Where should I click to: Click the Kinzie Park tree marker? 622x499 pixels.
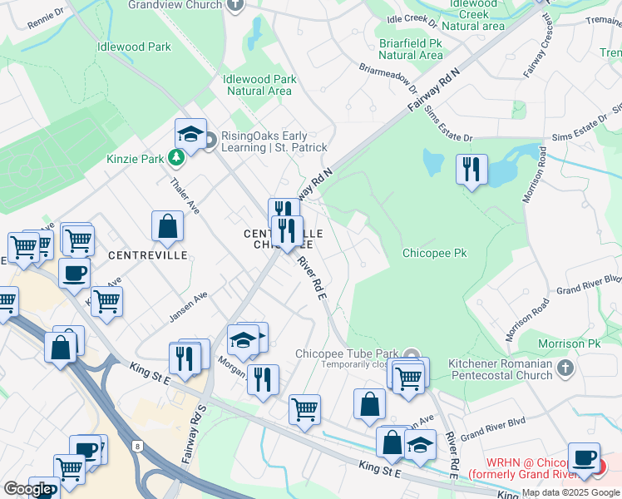(x=176, y=156)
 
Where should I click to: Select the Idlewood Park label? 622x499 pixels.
(x=134, y=47)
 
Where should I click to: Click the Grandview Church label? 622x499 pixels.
(x=175, y=4)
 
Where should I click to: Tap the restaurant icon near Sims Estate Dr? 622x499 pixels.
(x=471, y=170)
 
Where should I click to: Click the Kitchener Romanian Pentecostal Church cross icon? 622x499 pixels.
(x=564, y=367)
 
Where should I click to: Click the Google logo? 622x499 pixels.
(x=27, y=489)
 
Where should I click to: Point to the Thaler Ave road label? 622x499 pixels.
(x=185, y=195)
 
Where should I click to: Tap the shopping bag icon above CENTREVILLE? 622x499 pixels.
(x=167, y=226)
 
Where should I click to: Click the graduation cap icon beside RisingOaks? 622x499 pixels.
(x=190, y=133)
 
